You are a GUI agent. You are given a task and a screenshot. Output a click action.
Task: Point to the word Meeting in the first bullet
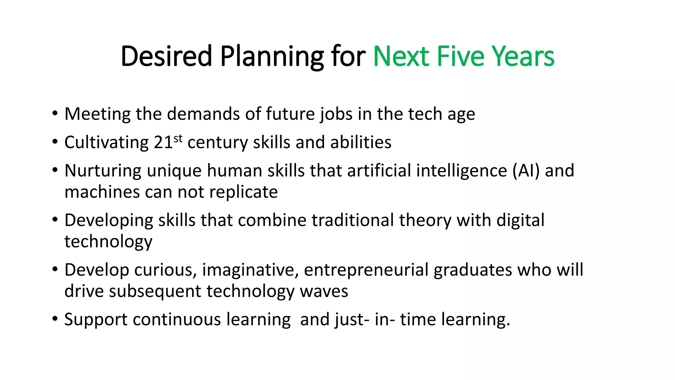pyautogui.click(x=98, y=114)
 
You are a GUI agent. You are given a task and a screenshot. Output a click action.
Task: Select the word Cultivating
pyautogui.click(x=106, y=142)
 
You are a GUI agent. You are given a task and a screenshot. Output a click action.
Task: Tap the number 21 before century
pyautogui.click(x=163, y=142)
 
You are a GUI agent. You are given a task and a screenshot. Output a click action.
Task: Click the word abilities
pyautogui.click(x=361, y=142)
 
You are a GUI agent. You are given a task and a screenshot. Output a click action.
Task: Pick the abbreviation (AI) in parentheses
pyautogui.click(x=526, y=171)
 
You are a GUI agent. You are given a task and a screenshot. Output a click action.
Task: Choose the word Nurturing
pyautogui.click(x=103, y=171)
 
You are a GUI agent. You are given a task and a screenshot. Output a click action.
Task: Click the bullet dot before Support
pyautogui.click(x=55, y=319)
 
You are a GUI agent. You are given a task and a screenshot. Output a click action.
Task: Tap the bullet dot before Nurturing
pyautogui.click(x=55, y=170)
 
